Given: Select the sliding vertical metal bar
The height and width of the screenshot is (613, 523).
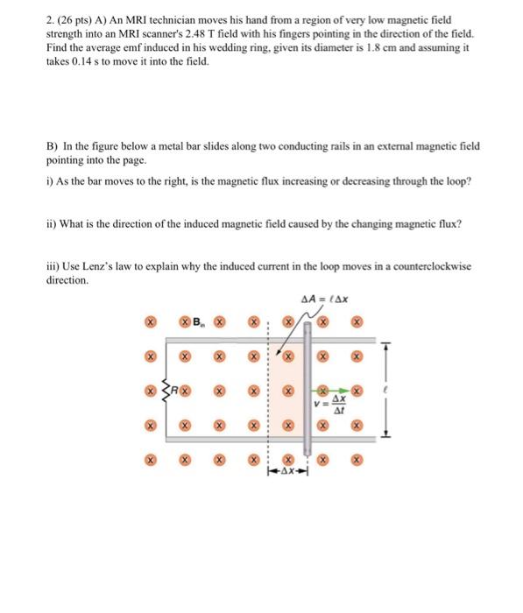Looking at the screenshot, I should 306,385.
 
